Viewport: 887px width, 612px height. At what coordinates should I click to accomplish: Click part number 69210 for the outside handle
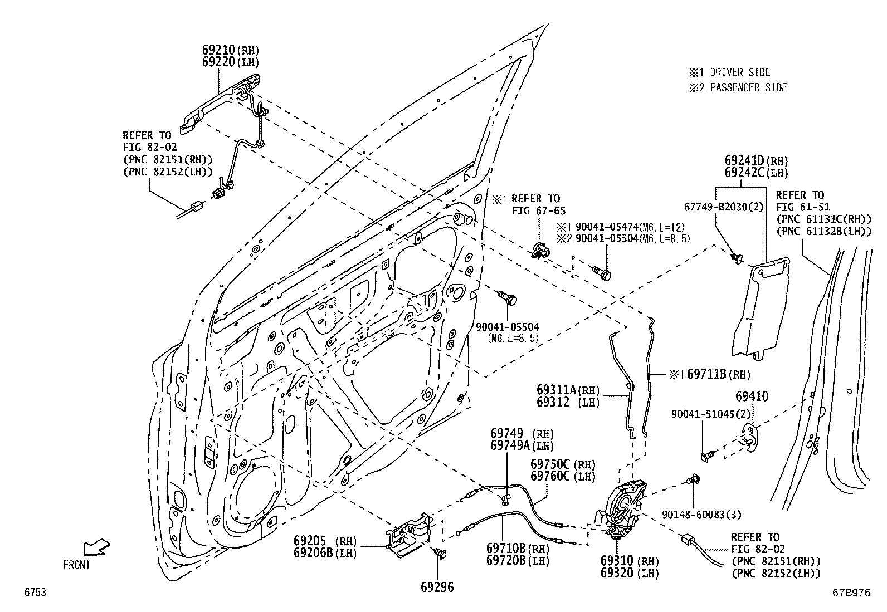[219, 50]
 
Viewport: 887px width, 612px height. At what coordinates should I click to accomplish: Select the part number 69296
[437, 587]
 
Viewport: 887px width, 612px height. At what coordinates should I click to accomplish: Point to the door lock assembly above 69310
[621, 510]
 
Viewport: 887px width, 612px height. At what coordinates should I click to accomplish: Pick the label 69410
[752, 396]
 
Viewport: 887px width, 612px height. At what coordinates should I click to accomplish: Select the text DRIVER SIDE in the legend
[740, 72]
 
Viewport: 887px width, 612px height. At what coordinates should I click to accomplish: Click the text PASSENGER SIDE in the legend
[748, 87]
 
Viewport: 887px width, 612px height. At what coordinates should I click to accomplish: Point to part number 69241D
[744, 161]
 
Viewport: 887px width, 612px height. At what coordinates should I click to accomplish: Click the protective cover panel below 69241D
[761, 309]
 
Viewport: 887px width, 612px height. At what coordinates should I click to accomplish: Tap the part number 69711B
[706, 374]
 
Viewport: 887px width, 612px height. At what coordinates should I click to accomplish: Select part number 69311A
[557, 390]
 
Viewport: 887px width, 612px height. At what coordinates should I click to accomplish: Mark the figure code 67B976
[851, 592]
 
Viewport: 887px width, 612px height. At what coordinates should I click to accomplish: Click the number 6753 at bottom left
[35, 592]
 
